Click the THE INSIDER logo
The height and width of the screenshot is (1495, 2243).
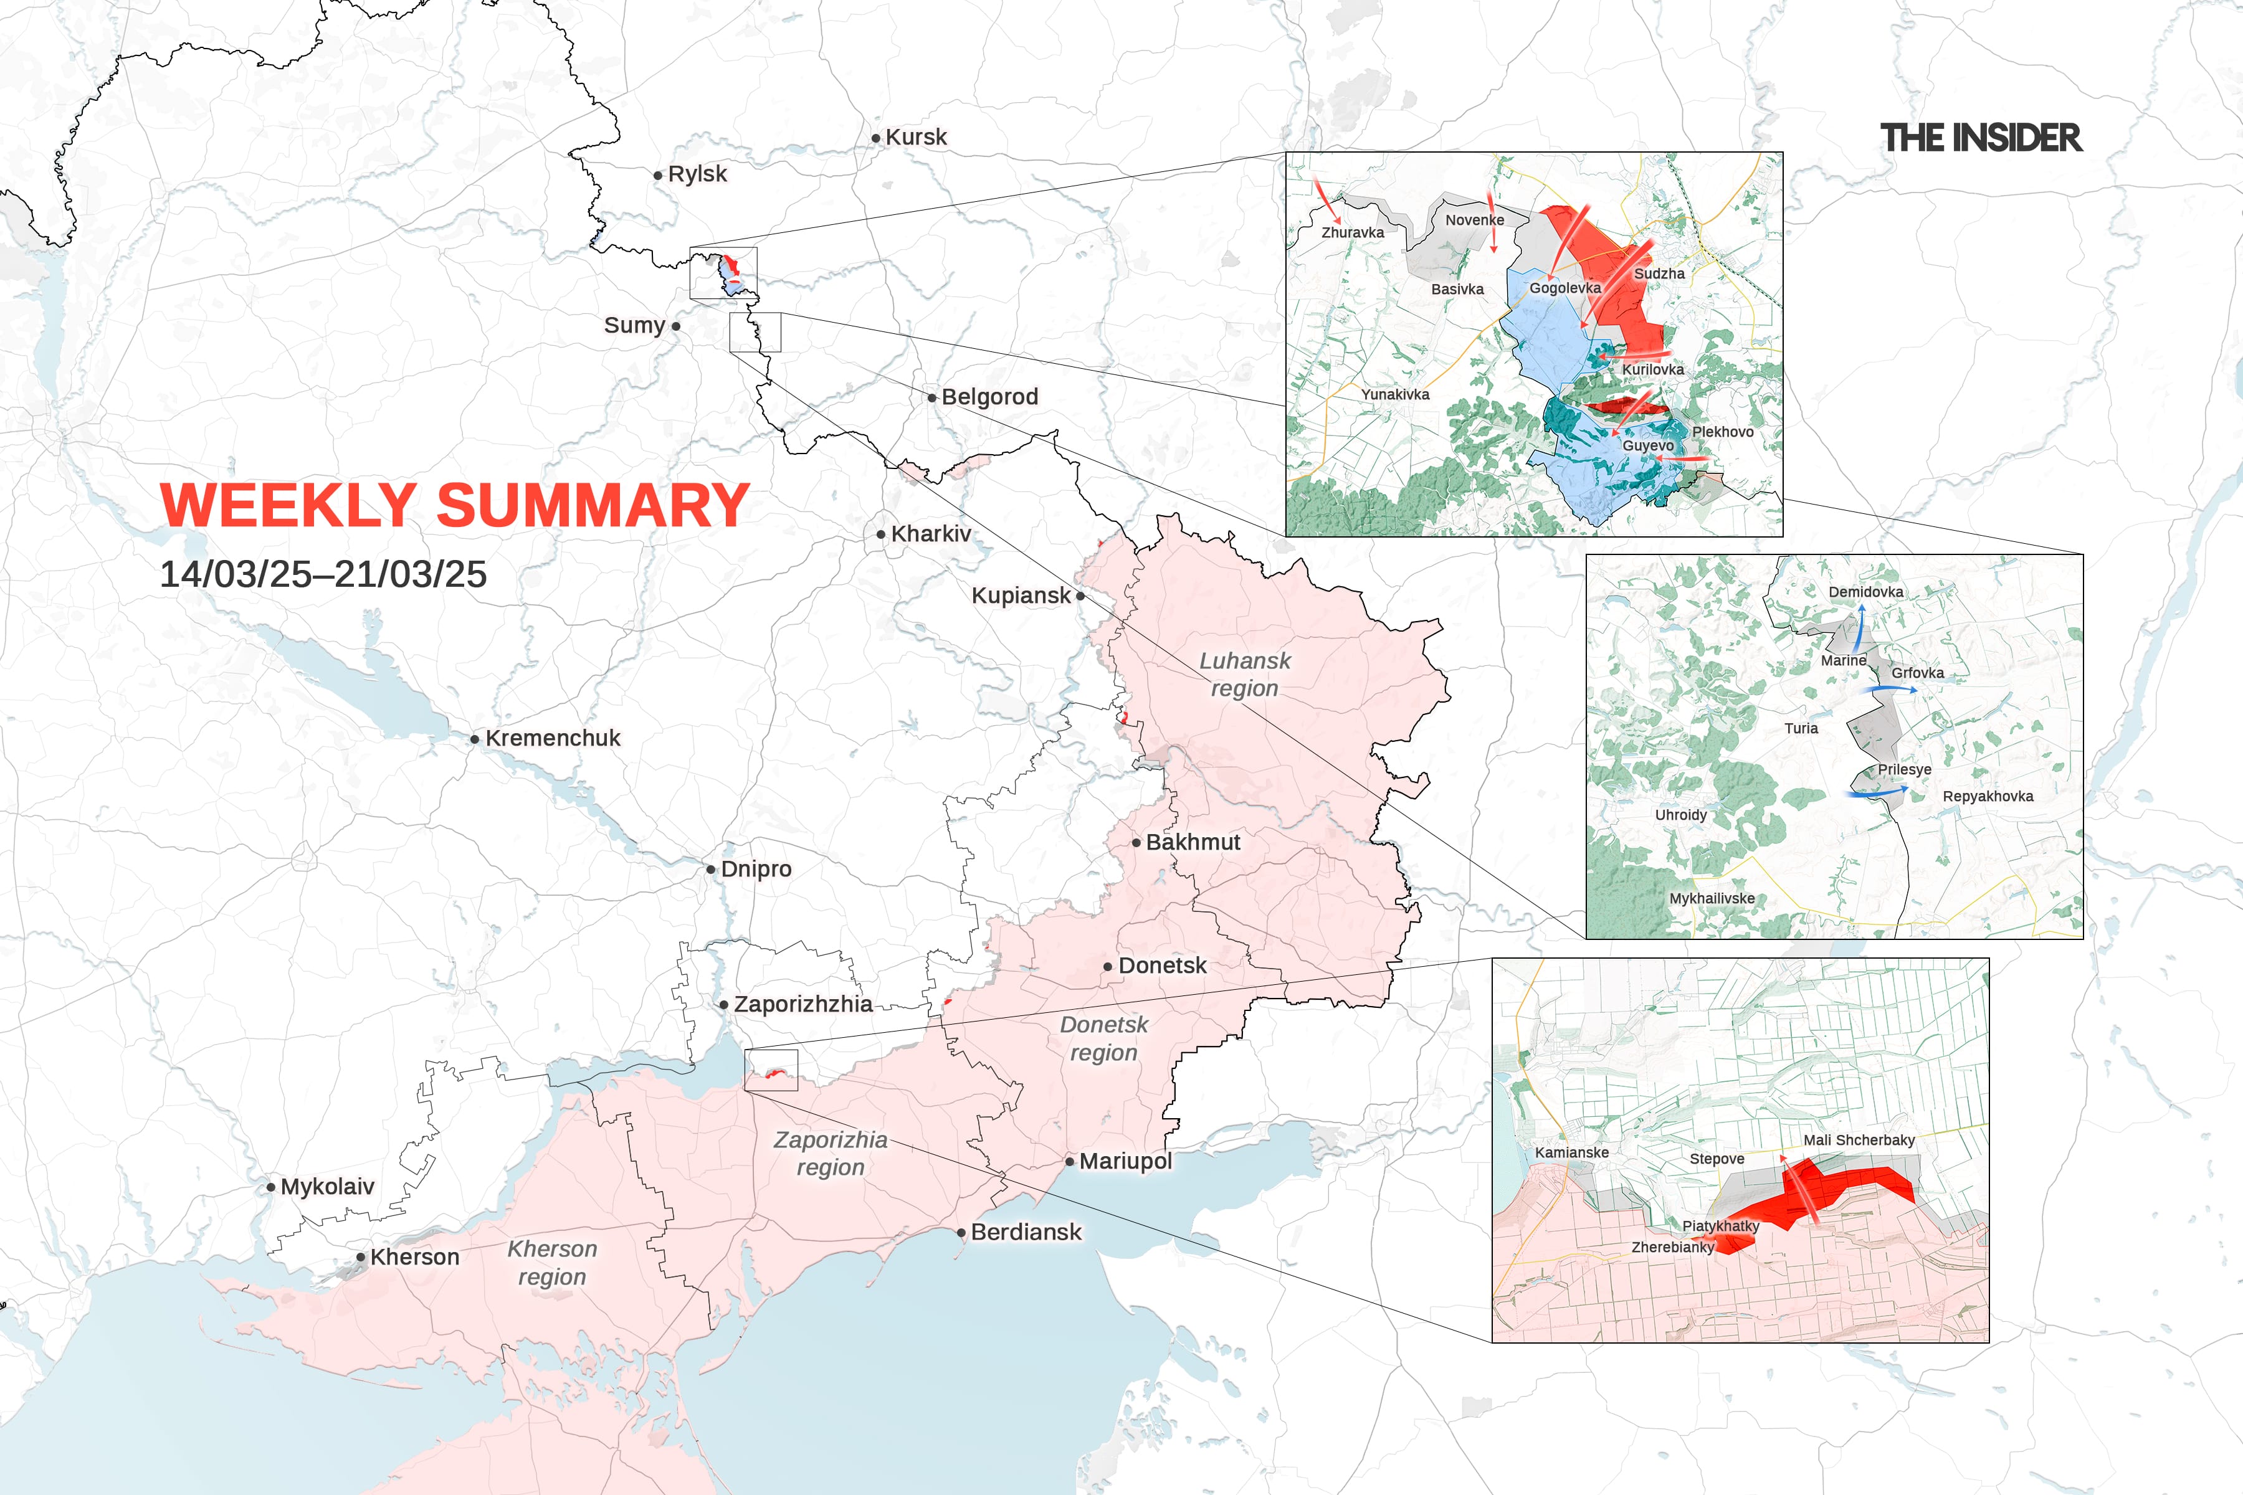point(1981,138)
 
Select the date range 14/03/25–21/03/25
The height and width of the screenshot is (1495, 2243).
point(323,574)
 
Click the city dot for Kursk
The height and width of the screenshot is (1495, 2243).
point(875,138)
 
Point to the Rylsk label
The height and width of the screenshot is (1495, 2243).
point(697,174)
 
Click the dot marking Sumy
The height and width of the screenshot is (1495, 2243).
point(676,326)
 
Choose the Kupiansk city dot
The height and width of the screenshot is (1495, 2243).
point(1080,596)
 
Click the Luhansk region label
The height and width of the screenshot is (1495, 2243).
point(1244,674)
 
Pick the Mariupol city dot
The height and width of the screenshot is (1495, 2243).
point(1070,1161)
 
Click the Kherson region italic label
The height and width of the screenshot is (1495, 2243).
point(552,1263)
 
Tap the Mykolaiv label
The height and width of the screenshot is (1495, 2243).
point(327,1187)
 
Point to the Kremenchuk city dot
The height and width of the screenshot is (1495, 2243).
point(475,739)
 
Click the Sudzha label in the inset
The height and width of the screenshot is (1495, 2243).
point(1659,273)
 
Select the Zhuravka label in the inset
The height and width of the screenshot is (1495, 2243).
point(1352,232)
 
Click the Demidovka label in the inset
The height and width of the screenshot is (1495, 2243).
point(1865,592)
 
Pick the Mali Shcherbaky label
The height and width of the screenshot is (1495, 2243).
point(1859,1141)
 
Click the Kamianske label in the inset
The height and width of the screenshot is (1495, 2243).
point(1571,1153)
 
